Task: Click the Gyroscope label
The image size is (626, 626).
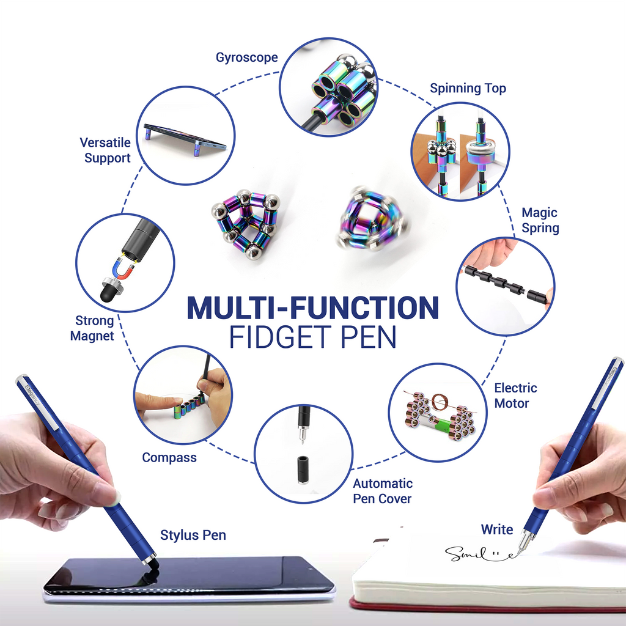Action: click(246, 58)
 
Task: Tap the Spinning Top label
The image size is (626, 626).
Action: click(468, 88)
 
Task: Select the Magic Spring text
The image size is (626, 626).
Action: click(540, 220)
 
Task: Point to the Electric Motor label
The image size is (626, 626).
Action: click(515, 396)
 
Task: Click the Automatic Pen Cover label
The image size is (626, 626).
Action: click(383, 491)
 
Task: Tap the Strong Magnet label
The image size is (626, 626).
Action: click(93, 328)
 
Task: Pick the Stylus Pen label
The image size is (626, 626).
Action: click(193, 535)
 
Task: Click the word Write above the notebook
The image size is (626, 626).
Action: click(496, 529)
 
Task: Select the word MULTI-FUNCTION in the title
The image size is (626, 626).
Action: click(312, 308)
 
